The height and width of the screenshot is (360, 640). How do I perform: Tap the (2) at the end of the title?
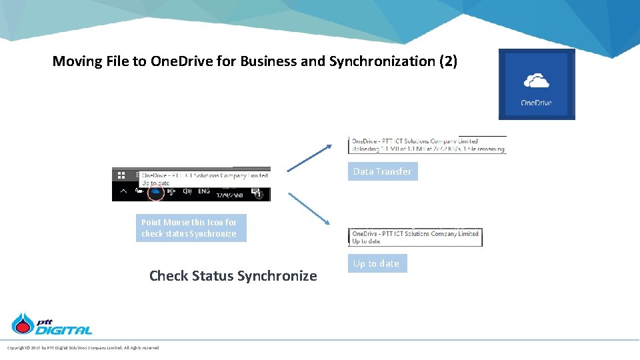(x=448, y=61)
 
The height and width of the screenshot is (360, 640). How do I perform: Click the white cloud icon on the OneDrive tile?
(x=537, y=81)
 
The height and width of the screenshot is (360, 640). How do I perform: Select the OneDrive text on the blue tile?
(x=537, y=103)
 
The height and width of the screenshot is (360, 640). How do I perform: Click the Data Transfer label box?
(x=383, y=171)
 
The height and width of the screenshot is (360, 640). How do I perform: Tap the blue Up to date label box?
(x=377, y=263)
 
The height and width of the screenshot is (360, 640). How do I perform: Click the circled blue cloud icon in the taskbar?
(x=155, y=192)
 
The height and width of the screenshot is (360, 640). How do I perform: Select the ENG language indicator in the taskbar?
(x=204, y=192)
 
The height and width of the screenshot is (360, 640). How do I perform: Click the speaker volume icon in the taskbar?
(x=187, y=192)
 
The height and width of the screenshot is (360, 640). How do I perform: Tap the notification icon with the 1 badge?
(x=257, y=193)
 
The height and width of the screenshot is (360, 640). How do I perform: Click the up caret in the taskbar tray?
(x=122, y=192)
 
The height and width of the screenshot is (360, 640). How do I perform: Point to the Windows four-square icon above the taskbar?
(x=121, y=175)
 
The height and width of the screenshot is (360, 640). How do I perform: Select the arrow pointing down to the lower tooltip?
(x=309, y=209)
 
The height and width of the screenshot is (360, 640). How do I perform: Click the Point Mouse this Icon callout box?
(x=191, y=228)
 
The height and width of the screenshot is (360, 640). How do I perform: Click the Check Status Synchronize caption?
(x=233, y=275)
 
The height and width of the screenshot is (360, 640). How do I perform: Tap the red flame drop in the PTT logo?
(x=24, y=325)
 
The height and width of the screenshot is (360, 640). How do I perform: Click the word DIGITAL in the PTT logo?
(x=64, y=330)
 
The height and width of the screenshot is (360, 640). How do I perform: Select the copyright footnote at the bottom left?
(x=83, y=348)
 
